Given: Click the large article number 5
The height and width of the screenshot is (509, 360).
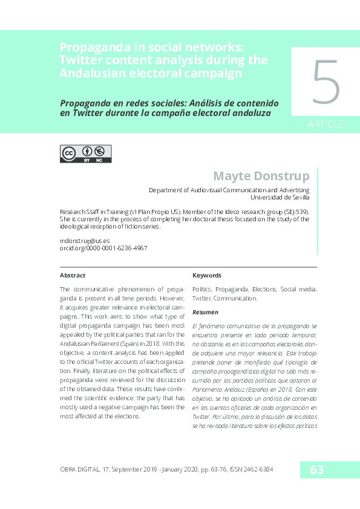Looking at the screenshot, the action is coord(326,83).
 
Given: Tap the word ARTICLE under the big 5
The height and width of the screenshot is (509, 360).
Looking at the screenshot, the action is coord(326,125).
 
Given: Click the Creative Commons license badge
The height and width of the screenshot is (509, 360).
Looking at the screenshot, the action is coord(85,154).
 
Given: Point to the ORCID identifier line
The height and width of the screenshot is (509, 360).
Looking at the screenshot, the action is coord(103,248).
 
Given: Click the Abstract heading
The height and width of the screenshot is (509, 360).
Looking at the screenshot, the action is coord(73,275).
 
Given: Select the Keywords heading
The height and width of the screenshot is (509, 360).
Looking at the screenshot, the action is coord(207,275).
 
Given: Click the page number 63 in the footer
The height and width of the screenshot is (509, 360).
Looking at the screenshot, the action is coord(316,469).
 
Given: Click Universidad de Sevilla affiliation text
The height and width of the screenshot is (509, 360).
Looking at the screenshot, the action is coord(280,196).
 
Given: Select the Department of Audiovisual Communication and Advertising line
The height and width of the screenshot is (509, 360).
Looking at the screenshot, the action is coord(229,189).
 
